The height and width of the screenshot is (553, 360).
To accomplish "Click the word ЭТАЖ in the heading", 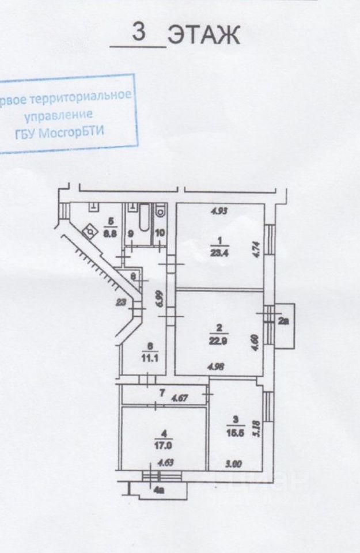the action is (202, 36).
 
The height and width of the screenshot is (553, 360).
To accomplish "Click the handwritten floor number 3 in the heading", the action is (138, 32).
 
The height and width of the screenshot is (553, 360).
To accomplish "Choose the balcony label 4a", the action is (158, 491).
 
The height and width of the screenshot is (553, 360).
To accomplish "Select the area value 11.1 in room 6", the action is (150, 356).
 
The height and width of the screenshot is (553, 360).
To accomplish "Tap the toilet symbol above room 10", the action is (160, 211).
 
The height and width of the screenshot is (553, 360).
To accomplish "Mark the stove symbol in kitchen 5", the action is (89, 232).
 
